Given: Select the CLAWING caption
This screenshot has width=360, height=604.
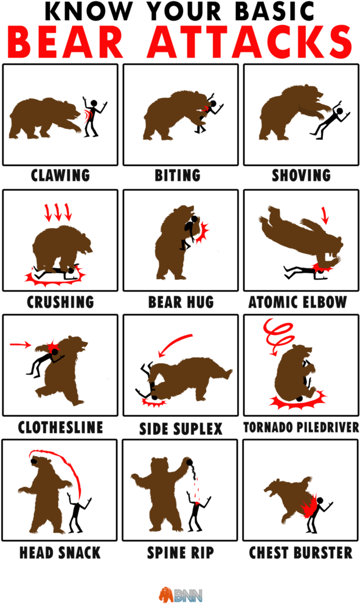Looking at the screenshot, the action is click(x=60, y=175).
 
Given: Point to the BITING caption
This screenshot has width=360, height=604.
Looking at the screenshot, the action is click(x=178, y=175).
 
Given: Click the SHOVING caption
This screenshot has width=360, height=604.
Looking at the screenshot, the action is click(x=301, y=175).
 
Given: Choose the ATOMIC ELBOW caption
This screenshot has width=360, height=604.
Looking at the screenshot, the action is click(x=297, y=302).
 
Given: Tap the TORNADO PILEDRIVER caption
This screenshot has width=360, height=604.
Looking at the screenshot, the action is click(x=301, y=427).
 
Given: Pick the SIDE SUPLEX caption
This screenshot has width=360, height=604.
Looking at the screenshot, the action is click(x=181, y=429).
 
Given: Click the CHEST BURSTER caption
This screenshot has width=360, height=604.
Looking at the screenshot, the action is click(x=300, y=553).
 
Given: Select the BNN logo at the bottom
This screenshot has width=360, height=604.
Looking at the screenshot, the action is click(x=181, y=594).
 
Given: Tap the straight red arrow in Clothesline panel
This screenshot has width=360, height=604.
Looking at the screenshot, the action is click(x=20, y=344).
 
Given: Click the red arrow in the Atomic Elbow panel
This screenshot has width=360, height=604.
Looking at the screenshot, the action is click(x=325, y=216).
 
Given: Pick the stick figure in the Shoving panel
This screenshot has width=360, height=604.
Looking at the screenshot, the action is click(x=330, y=120).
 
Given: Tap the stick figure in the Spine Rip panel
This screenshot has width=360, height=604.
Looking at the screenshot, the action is click(x=198, y=512).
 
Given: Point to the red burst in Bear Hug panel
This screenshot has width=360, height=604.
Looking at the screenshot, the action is click(x=202, y=233).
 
